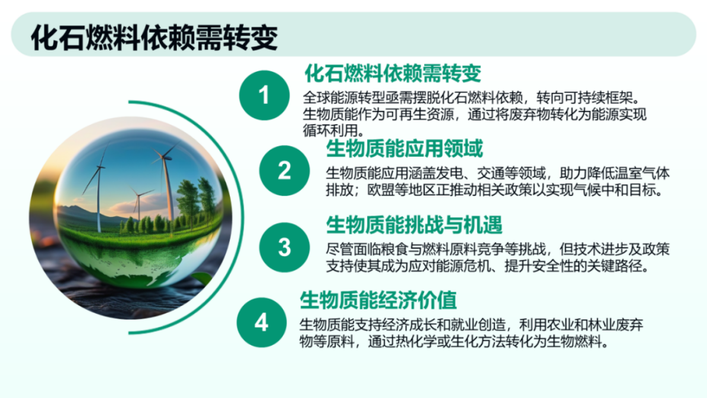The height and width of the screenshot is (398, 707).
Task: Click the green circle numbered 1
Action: pos(264,96)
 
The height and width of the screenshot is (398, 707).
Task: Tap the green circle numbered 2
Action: pos(285,171)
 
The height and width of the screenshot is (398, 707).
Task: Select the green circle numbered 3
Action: pos(285,247)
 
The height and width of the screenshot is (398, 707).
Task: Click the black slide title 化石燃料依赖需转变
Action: pos(154,37)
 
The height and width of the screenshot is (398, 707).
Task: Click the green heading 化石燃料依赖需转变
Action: pos(392,74)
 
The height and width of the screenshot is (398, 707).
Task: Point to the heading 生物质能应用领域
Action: pos(405,148)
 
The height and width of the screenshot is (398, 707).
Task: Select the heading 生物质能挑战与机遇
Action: pos(414,225)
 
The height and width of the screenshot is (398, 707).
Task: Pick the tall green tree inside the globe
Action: pos(188,199)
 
